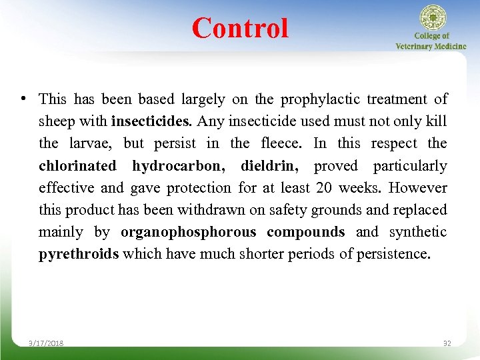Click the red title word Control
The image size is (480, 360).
click(240, 28)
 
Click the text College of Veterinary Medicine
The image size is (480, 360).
click(431, 41)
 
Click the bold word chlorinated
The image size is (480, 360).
click(77, 165)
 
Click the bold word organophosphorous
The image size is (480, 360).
click(188, 231)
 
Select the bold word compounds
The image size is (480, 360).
click(305, 231)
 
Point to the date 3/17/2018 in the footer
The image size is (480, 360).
click(46, 343)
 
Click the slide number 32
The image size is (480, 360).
click(447, 343)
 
